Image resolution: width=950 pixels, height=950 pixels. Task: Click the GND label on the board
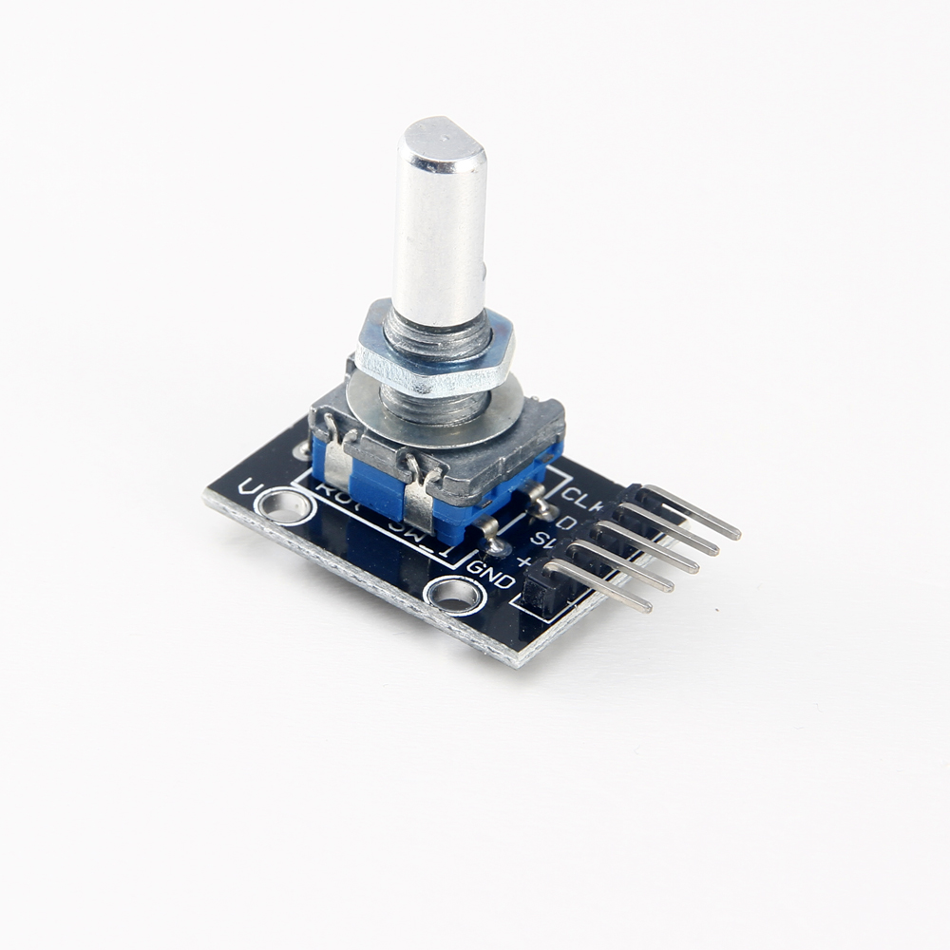[491, 575]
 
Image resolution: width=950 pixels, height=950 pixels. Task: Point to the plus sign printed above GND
[522, 561]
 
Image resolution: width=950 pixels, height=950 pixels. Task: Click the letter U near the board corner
[250, 487]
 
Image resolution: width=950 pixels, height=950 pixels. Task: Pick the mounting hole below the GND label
[454, 595]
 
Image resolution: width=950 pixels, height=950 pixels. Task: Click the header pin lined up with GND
[598, 585]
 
